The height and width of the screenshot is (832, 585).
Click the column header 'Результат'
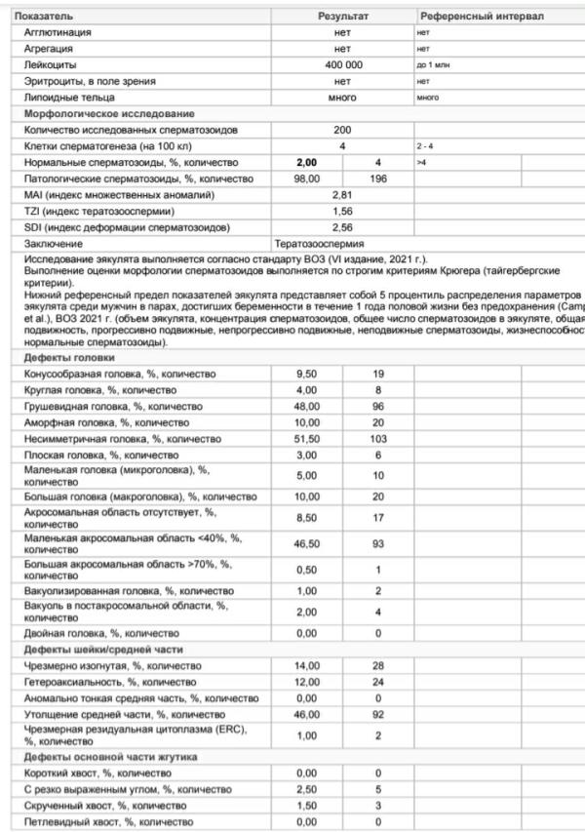point(343,18)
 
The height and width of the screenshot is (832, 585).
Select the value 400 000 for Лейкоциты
point(342,64)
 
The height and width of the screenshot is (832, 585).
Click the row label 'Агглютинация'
point(58,32)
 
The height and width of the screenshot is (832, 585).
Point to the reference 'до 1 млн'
point(433,64)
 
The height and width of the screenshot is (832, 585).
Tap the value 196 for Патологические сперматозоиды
point(378,178)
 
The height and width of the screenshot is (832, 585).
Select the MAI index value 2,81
point(342,195)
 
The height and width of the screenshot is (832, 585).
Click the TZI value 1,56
point(342,212)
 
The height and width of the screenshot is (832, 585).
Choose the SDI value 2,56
point(342,227)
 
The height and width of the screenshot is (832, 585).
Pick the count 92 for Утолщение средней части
point(378,714)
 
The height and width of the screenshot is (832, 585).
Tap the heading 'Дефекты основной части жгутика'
point(98,756)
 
